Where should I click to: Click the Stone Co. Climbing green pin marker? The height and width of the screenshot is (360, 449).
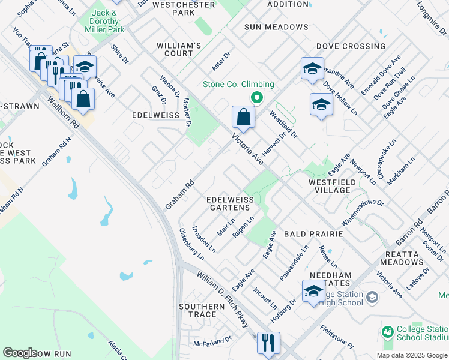(257, 97)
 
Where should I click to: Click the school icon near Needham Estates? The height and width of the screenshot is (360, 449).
(313, 291)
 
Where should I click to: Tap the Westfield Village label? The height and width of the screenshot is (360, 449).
(329, 186)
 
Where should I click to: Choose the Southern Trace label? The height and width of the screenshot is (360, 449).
(201, 310)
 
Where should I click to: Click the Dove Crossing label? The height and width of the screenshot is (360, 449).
(351, 46)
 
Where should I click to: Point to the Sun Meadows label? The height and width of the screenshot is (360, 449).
(276, 27)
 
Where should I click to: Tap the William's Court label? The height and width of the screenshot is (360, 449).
(178, 49)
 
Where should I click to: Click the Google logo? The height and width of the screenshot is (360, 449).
(20, 353)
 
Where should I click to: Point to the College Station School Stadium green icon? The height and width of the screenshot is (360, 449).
(388, 331)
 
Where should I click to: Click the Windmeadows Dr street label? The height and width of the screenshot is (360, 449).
(362, 209)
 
